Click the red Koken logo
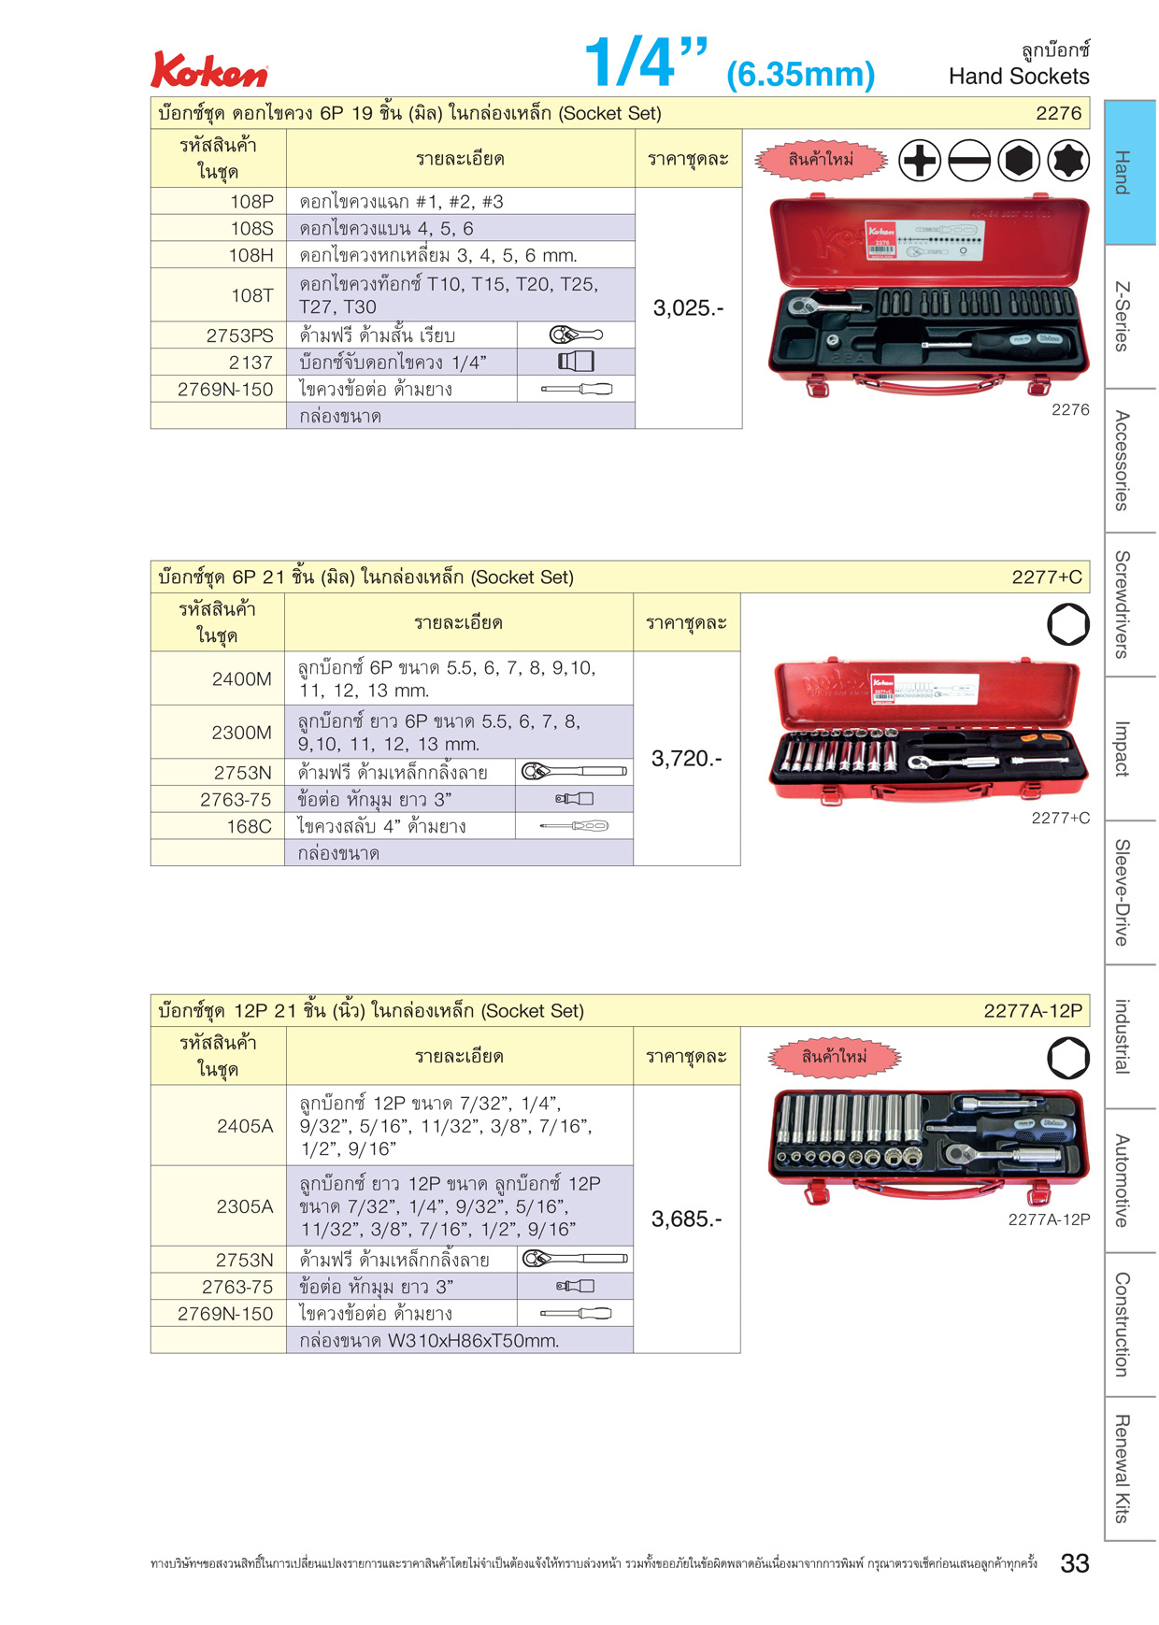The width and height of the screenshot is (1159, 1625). pyautogui.click(x=209, y=70)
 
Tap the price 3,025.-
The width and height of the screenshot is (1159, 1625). pyautogui.click(x=688, y=308)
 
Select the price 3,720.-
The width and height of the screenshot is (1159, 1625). pyautogui.click(x=687, y=759)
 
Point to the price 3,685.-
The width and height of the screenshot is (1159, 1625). pyautogui.click(x=687, y=1219)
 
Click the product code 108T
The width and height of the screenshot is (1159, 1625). pyautogui.click(x=252, y=295)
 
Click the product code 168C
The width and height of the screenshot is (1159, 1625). pyautogui.click(x=250, y=826)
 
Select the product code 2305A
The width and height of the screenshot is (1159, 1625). pyautogui.click(x=245, y=1206)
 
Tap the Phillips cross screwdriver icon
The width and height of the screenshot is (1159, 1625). pyautogui.click(x=920, y=161)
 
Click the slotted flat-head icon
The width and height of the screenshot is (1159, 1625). pyautogui.click(x=969, y=161)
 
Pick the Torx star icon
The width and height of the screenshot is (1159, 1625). pyautogui.click(x=1068, y=161)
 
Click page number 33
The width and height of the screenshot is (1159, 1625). pyautogui.click(x=1075, y=1563)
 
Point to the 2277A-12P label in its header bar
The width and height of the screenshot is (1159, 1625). pyautogui.click(x=1033, y=1010)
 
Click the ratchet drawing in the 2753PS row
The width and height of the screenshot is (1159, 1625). pyautogui.click(x=576, y=335)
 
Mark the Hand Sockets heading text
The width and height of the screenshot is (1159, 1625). pyautogui.click(x=1019, y=77)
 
